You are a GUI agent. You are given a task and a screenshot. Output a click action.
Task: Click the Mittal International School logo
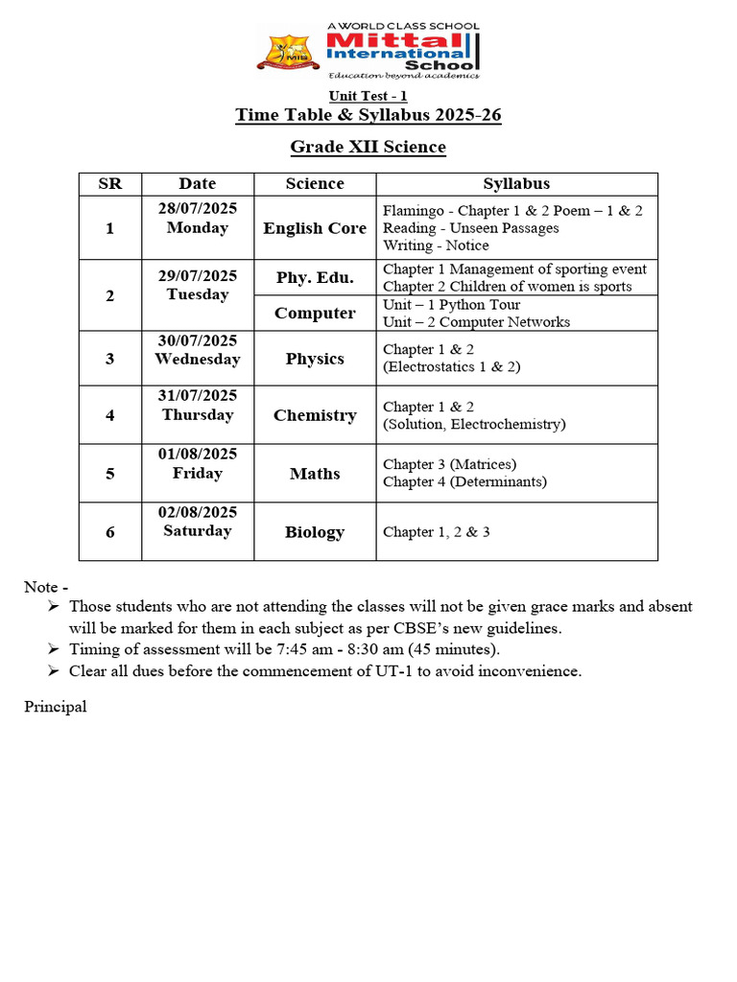click(368, 50)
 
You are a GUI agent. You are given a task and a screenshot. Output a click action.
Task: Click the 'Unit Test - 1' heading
click(368, 96)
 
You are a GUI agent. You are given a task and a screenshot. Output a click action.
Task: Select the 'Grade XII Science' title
click(368, 147)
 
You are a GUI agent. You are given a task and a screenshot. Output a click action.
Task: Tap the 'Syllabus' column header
click(516, 183)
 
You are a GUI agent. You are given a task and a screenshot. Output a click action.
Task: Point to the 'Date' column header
click(198, 183)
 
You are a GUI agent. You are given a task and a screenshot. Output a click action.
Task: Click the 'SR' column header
click(110, 183)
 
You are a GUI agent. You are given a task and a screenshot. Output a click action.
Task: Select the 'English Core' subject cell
click(315, 228)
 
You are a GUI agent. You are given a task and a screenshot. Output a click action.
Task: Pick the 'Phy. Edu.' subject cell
click(315, 278)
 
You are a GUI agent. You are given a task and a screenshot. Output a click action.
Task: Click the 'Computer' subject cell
click(315, 314)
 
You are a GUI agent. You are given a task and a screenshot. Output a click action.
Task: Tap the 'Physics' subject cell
click(315, 359)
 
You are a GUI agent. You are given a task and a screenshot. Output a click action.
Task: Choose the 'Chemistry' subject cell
click(315, 415)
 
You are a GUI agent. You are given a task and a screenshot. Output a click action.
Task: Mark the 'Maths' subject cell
click(315, 474)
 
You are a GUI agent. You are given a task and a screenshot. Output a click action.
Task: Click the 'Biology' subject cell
click(315, 532)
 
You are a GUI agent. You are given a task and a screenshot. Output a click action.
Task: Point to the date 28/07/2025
click(198, 209)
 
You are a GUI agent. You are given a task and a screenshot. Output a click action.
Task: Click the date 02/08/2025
click(198, 512)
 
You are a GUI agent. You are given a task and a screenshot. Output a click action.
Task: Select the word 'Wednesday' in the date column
click(198, 359)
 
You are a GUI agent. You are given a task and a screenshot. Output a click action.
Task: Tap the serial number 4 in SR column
click(110, 415)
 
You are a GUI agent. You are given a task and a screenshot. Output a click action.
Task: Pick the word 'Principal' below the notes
click(56, 707)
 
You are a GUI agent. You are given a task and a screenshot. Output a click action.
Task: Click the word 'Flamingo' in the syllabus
click(412, 210)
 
